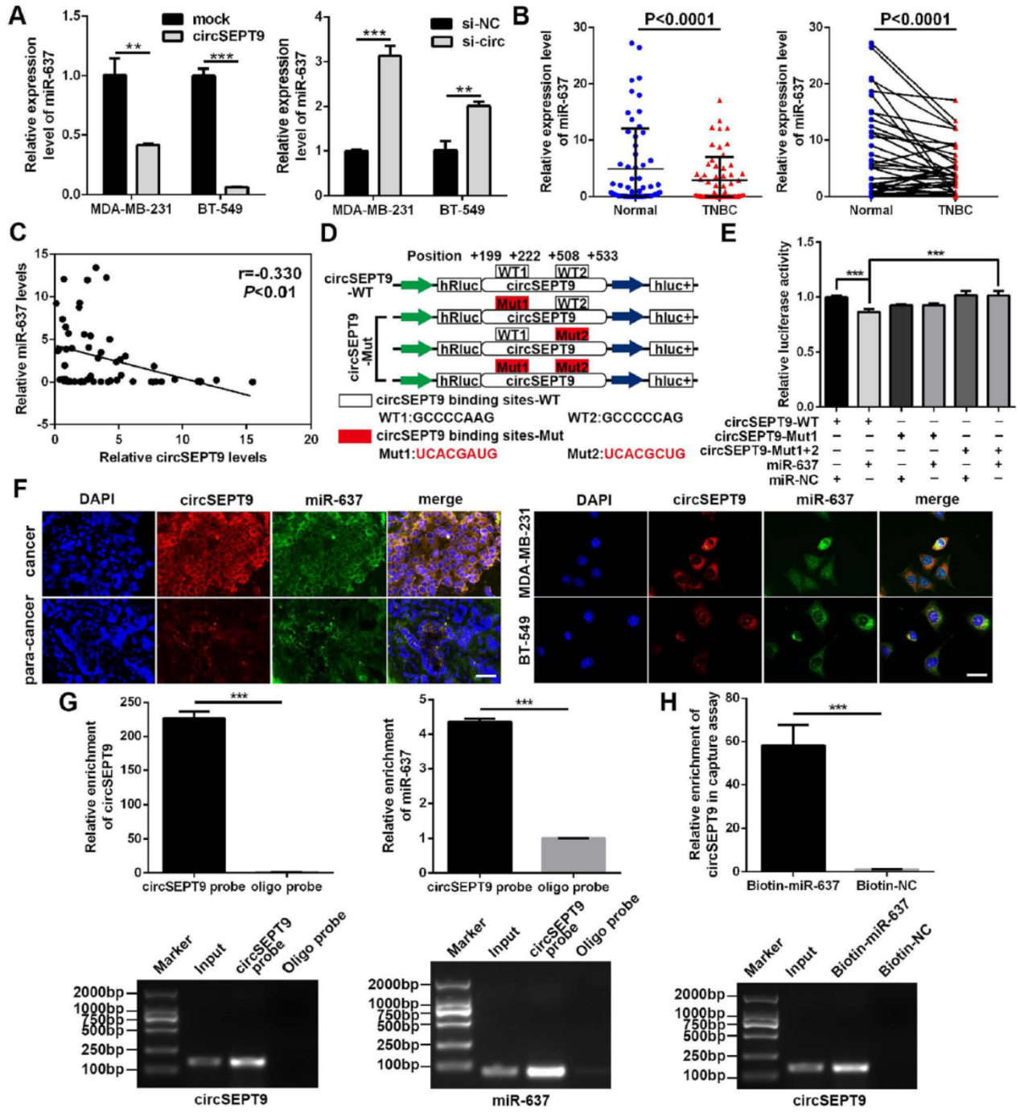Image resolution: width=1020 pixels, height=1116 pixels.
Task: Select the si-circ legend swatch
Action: coord(442,41)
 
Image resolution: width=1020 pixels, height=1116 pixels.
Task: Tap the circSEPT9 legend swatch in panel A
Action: coord(173,36)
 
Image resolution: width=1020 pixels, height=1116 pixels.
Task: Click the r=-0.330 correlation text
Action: coord(265,274)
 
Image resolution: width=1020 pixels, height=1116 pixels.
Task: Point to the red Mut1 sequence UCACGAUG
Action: coord(456,454)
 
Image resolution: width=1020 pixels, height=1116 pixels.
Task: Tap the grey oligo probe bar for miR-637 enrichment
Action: coord(573,855)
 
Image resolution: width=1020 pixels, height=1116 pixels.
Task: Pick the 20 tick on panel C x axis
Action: coord(311,440)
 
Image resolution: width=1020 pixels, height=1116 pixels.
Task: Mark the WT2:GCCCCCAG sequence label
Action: coord(625,418)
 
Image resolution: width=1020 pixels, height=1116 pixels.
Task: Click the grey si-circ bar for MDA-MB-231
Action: coord(389,126)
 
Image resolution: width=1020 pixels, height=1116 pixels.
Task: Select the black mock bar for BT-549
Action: coord(204,134)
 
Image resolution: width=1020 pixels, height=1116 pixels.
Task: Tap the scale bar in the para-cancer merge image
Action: coord(486,677)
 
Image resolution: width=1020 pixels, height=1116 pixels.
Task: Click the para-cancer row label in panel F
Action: coord(31,640)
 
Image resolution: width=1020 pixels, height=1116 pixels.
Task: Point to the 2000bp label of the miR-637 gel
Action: coord(393,984)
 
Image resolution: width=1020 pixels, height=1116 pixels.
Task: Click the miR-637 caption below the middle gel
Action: coord(520,1100)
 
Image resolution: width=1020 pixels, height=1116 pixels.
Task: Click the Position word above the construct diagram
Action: coord(434,256)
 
